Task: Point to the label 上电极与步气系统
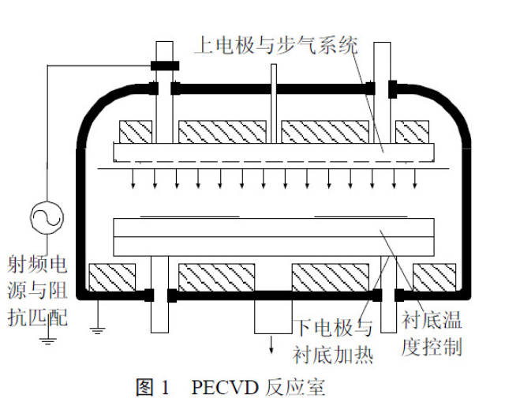[275, 46]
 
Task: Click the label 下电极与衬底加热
[332, 340]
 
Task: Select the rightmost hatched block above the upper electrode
[411, 132]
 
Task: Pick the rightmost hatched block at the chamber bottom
[433, 276]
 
